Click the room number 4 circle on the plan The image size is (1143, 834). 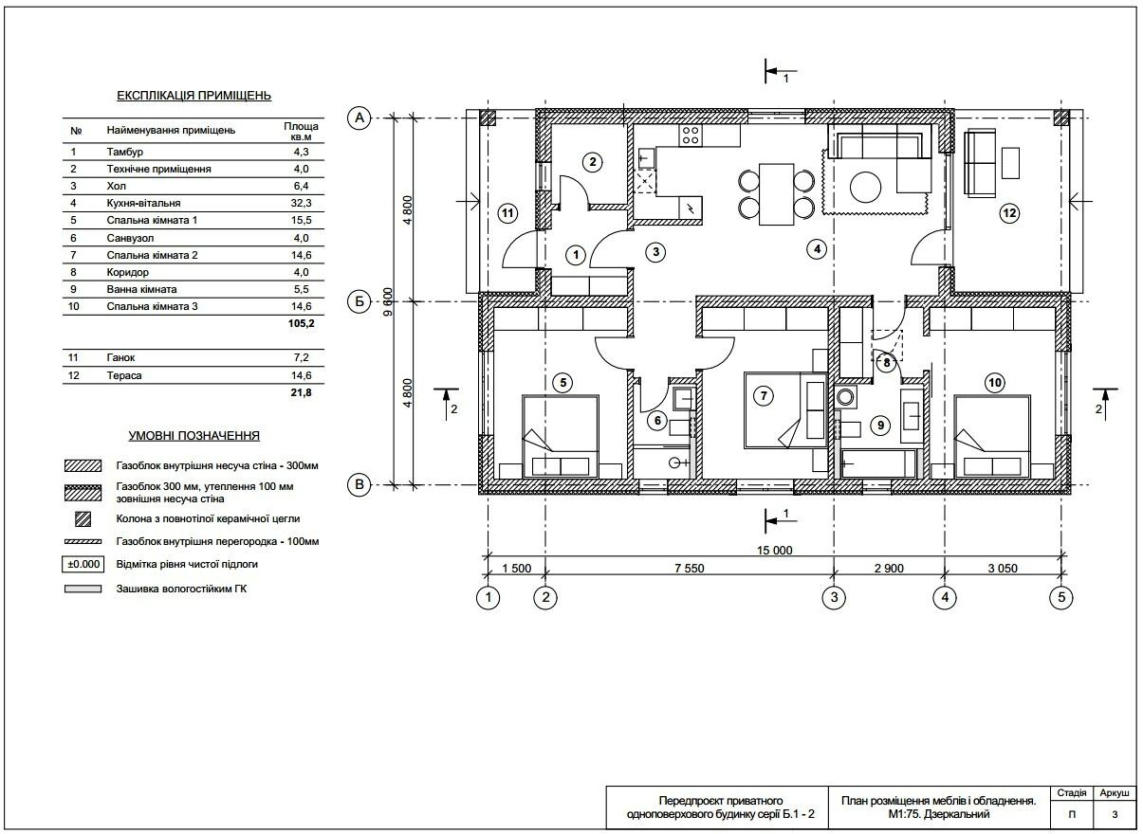[817, 249]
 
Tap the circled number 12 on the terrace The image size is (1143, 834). [1009, 212]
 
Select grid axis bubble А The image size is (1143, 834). [359, 118]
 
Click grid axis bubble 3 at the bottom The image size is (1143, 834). [834, 597]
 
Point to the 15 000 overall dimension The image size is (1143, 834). [775, 550]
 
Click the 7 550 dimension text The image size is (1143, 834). [690, 569]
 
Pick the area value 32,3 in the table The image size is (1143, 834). [301, 203]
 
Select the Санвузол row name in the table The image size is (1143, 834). [130, 238]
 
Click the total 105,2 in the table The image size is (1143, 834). [301, 323]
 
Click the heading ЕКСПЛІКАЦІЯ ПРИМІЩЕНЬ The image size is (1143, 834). [194, 96]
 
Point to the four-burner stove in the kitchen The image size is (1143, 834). [691, 136]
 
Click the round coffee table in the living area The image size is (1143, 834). [865, 187]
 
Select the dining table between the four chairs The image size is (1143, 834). [776, 194]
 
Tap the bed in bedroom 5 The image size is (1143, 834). [561, 436]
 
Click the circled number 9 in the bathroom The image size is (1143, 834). [880, 426]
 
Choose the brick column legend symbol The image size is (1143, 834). [83, 519]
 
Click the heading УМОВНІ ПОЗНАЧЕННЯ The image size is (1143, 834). [194, 435]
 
